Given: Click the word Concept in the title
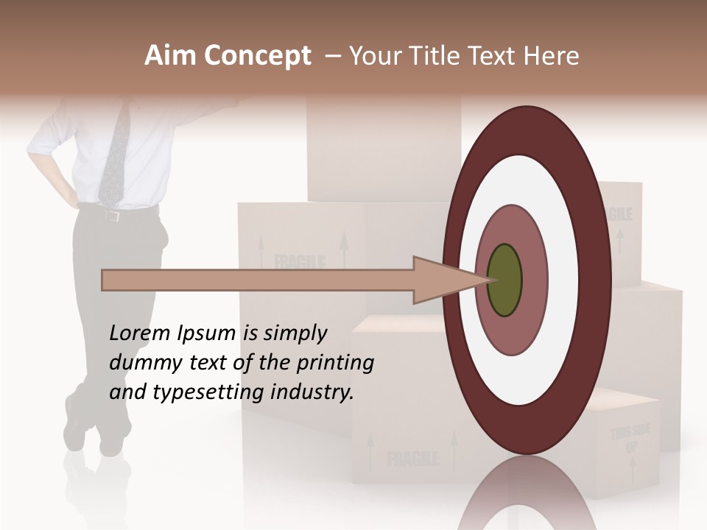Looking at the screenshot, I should [x=257, y=56].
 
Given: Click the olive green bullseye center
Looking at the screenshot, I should [x=504, y=280].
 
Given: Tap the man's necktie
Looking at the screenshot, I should [x=114, y=155].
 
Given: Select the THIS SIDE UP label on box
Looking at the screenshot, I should [x=630, y=439].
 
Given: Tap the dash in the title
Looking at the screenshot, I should [x=332, y=56].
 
